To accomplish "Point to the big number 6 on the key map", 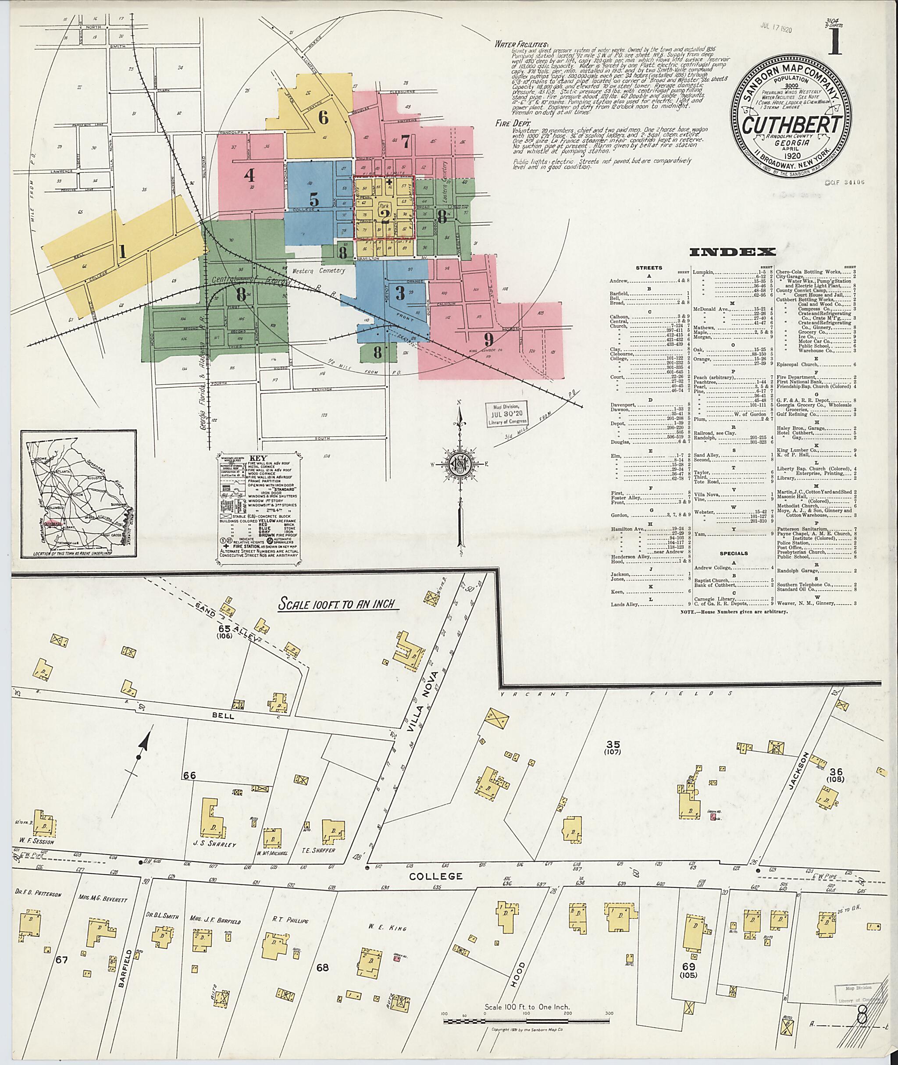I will point(323,118).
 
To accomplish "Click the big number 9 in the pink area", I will point(489,338).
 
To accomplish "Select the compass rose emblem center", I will point(460,465).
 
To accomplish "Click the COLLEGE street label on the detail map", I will point(443,876).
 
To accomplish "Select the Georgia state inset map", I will point(78,494).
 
